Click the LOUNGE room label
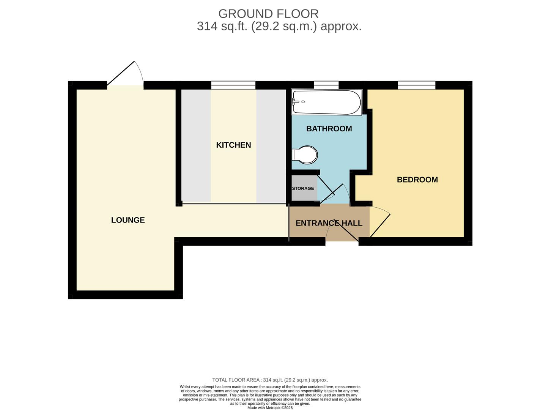[128, 220]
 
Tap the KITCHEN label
[233, 145]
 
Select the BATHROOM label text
[329, 129]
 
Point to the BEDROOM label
[417, 180]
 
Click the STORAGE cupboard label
[303, 188]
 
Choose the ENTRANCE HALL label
[329, 223]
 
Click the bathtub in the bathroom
[327, 102]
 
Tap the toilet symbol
[305, 155]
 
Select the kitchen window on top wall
[233, 85]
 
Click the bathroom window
[326, 85]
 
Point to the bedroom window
[416, 85]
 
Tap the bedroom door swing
[379, 222]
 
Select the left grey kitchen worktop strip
[196, 146]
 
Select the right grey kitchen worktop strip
[271, 146]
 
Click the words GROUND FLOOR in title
[268, 14]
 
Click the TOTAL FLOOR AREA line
[270, 380]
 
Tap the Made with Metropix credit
[270, 408]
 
